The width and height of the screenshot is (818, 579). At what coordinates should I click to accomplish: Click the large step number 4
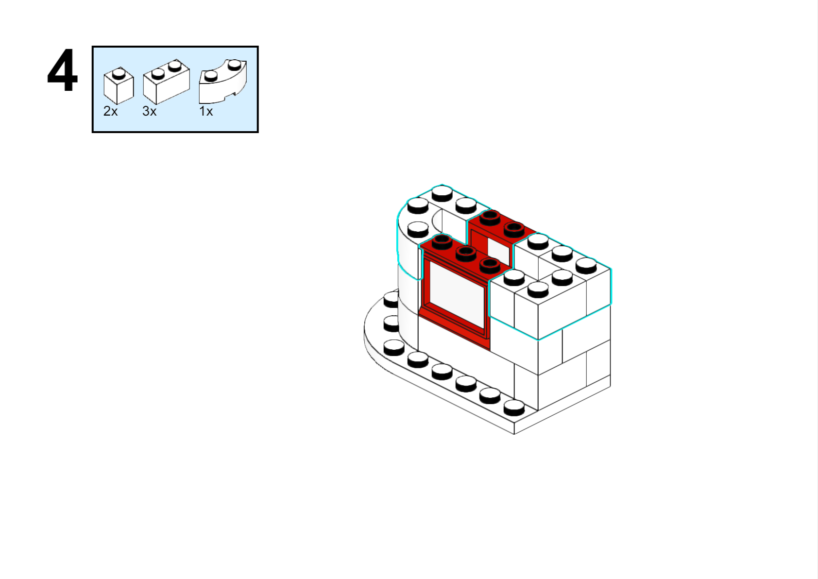point(63,71)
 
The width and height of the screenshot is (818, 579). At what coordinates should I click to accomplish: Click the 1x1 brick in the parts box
point(119,86)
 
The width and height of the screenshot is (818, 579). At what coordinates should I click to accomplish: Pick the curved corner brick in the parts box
point(223,82)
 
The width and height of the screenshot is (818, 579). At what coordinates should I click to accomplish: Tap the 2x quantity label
point(110,111)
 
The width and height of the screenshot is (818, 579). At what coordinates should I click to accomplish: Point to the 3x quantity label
point(149,111)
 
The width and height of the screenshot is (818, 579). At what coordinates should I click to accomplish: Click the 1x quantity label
point(206,111)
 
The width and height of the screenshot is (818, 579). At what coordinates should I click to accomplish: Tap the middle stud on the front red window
point(466,253)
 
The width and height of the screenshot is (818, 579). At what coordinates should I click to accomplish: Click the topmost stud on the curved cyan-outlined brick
point(442,193)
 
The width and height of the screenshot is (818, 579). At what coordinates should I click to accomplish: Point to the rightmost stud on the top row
point(586,265)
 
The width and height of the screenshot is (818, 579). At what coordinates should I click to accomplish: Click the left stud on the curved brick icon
point(211,76)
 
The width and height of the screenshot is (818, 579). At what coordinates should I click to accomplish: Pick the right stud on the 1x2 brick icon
point(175,66)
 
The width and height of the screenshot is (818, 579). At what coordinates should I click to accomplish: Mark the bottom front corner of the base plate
point(514,434)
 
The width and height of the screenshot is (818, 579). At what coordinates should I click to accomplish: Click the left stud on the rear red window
point(490,218)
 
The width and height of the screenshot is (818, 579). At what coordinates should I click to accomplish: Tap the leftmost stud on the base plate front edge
point(394,348)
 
